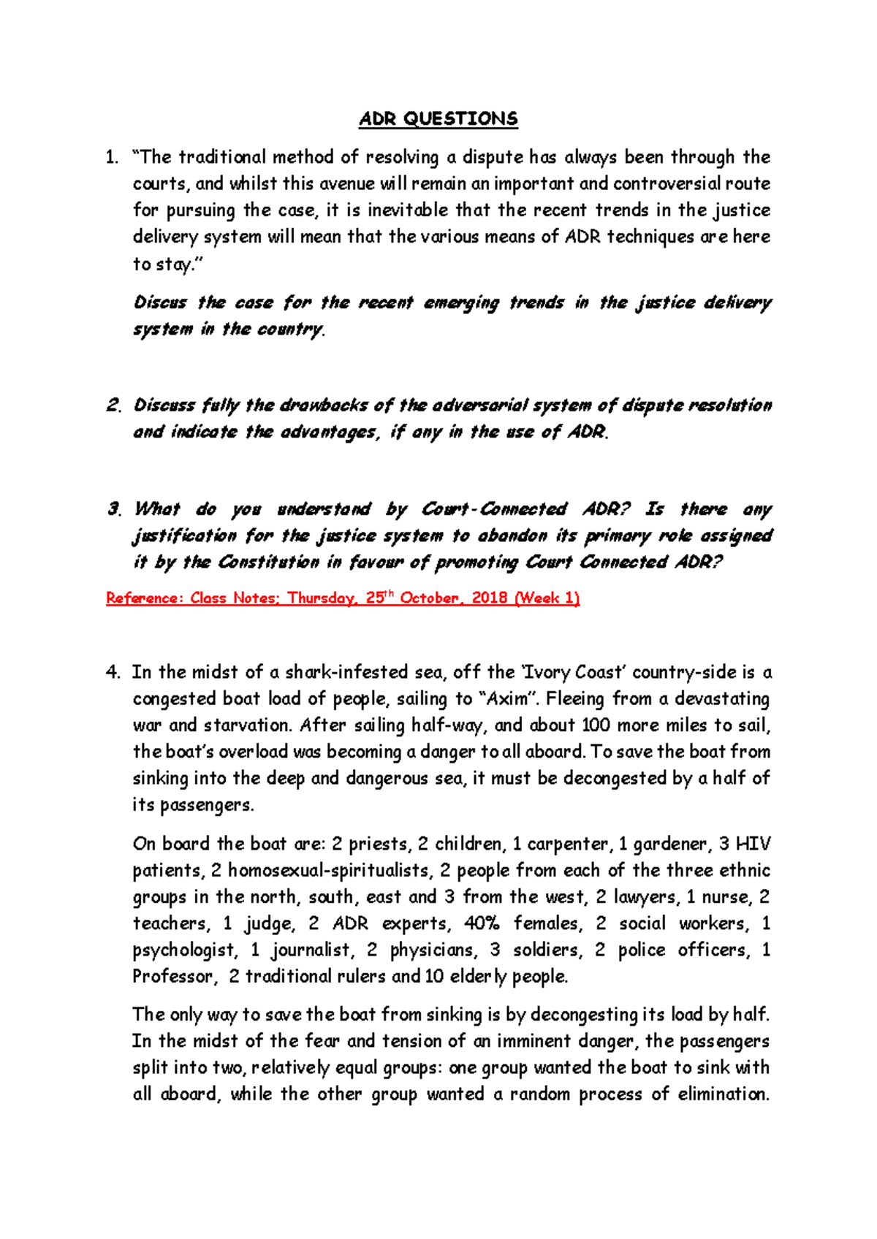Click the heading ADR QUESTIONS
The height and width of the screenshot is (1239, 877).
[x=438, y=119]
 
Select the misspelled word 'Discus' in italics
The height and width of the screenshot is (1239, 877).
[x=160, y=302]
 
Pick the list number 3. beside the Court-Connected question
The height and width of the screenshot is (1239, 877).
[x=113, y=509]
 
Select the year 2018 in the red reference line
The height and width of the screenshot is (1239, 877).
[x=490, y=598]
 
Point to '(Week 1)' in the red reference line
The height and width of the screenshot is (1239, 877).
[x=547, y=598]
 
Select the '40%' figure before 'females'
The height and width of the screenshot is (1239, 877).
[x=482, y=923]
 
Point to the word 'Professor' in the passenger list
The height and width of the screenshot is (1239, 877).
[x=173, y=977]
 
